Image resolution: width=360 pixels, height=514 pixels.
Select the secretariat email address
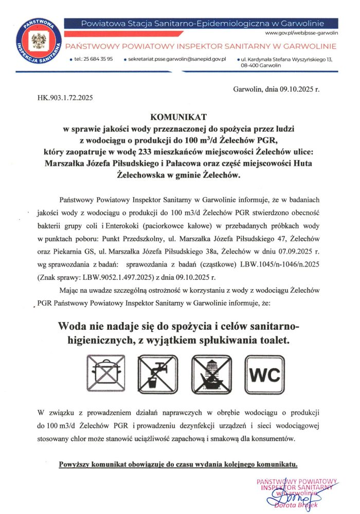tap(178, 59)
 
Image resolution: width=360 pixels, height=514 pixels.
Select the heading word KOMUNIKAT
tap(177, 117)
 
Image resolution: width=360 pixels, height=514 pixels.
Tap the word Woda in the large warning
tap(74, 327)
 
